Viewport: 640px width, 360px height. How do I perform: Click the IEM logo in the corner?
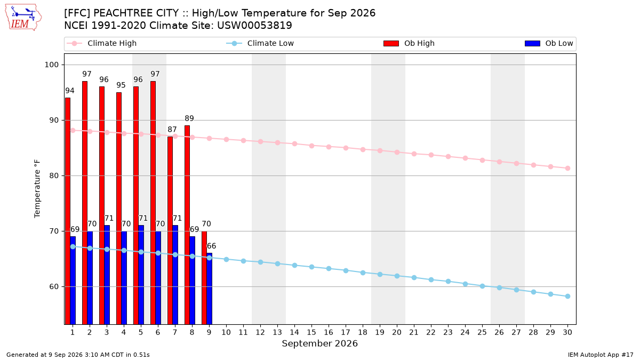(23, 18)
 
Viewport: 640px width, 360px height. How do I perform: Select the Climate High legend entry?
(102, 43)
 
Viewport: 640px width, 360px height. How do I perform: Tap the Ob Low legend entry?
(549, 43)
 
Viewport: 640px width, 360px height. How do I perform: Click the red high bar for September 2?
(85, 203)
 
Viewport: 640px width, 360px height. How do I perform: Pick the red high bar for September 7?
(170, 230)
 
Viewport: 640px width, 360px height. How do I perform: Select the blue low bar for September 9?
(210, 289)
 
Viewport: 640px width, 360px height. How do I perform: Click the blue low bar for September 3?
(107, 275)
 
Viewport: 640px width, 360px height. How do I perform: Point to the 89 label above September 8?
(189, 118)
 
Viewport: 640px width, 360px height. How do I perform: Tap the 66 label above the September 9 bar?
(211, 246)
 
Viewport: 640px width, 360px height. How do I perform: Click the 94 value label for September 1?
(70, 91)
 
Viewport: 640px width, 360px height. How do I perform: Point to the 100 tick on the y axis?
(51, 65)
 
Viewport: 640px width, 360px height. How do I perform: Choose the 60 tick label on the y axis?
(54, 286)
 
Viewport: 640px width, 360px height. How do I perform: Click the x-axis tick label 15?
(311, 333)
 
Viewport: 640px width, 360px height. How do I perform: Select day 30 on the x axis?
(567, 333)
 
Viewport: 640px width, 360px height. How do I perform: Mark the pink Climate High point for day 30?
(567, 169)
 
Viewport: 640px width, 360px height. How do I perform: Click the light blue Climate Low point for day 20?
(397, 276)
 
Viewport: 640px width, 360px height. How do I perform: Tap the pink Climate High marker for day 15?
(311, 146)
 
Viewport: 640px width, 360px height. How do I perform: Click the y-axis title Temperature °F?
(37, 189)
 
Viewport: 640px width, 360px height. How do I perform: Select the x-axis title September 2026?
(319, 343)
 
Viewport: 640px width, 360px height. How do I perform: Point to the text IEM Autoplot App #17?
(601, 355)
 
